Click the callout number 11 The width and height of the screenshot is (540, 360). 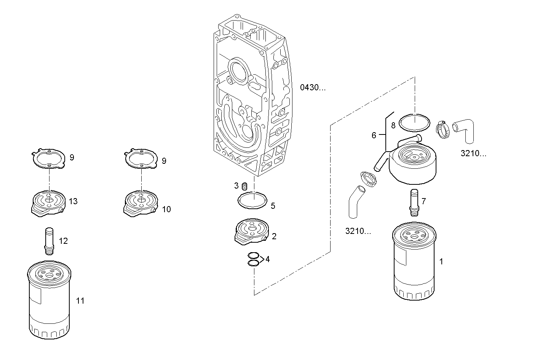[80, 301]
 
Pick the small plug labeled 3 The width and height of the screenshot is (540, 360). [245, 186]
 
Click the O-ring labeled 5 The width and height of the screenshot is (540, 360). [252, 200]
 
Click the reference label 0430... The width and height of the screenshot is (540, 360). [313, 88]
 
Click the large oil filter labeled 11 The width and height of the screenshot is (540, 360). [49, 299]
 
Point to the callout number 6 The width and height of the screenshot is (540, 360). [374, 135]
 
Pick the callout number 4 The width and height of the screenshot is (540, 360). [268, 259]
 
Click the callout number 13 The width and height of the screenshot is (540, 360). [73, 201]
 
